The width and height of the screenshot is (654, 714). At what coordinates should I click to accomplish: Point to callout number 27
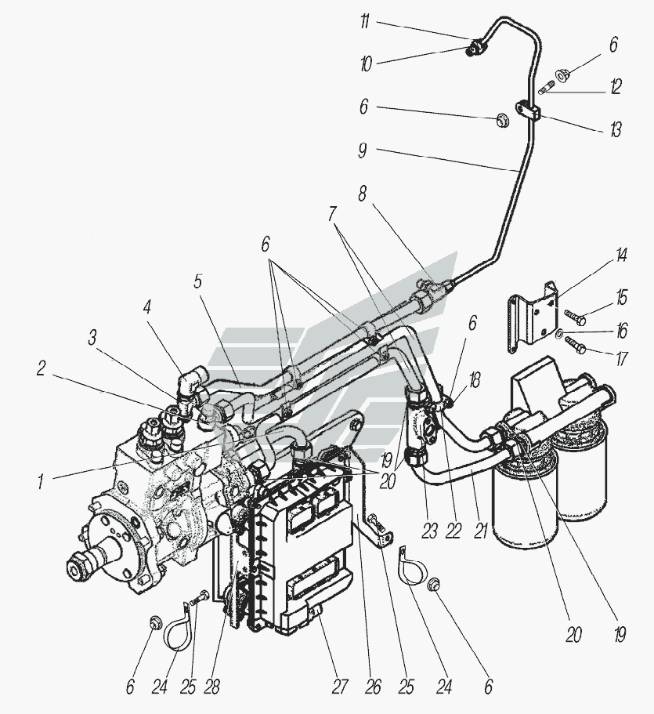coord(339,687)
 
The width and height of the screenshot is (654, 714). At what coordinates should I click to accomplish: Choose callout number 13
coord(615,130)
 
